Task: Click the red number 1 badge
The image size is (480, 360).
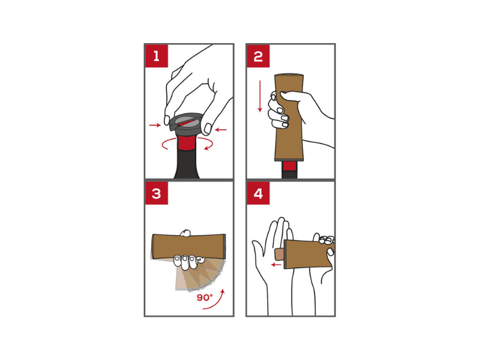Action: [x=157, y=56]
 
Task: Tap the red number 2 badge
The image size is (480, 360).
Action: [x=258, y=56]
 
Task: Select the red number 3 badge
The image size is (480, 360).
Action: [x=157, y=193]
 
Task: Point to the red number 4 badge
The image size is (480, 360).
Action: [x=258, y=193]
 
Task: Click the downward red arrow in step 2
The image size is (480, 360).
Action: [x=260, y=96]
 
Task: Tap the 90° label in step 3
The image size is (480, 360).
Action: [x=205, y=297]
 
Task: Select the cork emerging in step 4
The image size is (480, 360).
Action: [x=279, y=254]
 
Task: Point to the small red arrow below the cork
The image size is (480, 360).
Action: [x=277, y=265]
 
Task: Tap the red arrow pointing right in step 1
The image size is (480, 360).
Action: [x=155, y=125]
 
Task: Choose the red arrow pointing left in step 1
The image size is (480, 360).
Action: [x=221, y=130]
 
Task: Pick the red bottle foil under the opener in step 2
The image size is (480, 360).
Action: [x=289, y=166]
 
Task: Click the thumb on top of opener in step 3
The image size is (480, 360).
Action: [x=185, y=233]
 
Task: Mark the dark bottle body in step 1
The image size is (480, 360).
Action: [x=187, y=164]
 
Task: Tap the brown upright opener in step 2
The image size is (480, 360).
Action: [x=289, y=117]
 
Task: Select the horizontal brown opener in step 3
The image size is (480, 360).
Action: [x=188, y=247]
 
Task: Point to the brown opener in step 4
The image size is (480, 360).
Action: [x=308, y=254]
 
